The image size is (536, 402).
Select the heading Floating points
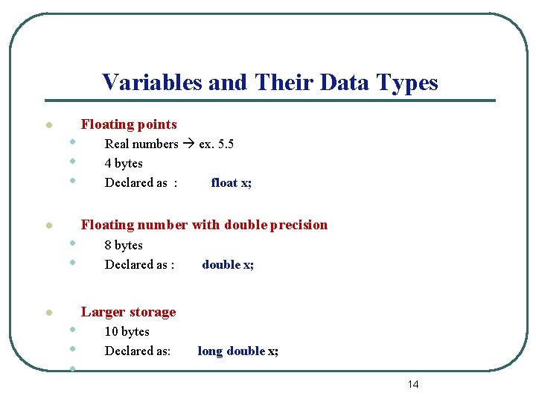[129, 124]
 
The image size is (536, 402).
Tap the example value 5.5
[225, 144]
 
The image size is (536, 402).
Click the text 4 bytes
[124, 163]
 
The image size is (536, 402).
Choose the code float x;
[231, 182]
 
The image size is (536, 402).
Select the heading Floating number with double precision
[204, 225]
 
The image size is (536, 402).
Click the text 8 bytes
[124, 245]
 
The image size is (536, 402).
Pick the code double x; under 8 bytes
[228, 264]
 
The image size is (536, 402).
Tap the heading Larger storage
[128, 312]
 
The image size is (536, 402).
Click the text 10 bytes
[127, 331]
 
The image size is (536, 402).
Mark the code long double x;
[237, 351]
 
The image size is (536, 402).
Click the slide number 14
[413, 384]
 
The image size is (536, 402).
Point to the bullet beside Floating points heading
[47, 126]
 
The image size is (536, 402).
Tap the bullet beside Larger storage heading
[47, 313]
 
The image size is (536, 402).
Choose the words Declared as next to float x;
[136, 182]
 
